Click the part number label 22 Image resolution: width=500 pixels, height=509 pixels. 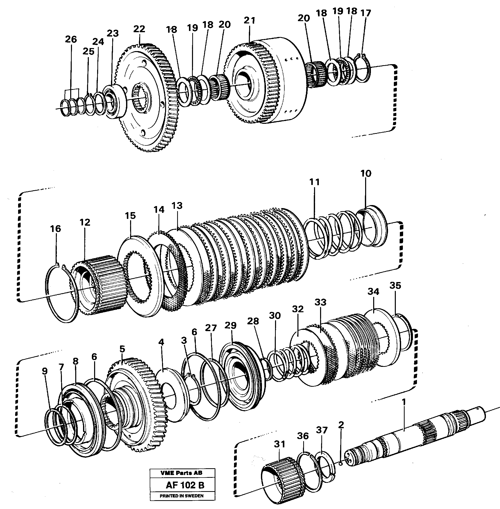[139, 29]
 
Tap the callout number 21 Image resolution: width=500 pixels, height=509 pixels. [249, 20]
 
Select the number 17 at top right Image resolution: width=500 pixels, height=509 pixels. [366, 13]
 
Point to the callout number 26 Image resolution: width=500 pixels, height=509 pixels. [71, 39]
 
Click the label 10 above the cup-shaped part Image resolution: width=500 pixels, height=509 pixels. [366, 174]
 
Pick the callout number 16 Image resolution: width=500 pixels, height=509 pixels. [55, 229]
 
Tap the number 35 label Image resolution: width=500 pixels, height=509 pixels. [395, 286]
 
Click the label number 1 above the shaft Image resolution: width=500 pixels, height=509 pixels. [404, 402]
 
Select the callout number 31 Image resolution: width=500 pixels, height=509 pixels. [279, 444]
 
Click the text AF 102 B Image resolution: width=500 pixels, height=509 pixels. [185, 485]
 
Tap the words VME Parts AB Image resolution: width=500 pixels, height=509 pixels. [181, 473]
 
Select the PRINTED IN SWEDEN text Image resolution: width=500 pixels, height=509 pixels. [181, 496]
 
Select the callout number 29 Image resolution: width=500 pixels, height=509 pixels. [230, 326]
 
